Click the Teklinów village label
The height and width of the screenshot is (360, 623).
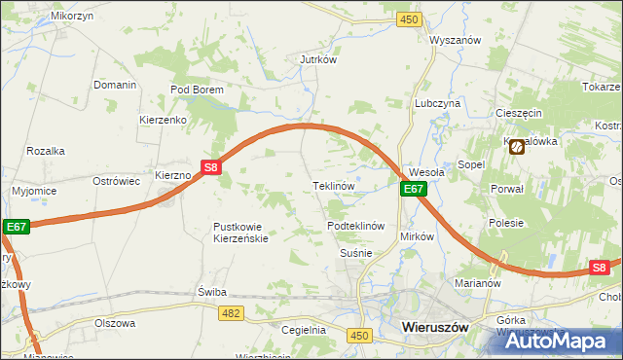332,185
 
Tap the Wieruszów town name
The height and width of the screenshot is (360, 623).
435,329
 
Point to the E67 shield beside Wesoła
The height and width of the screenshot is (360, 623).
414,190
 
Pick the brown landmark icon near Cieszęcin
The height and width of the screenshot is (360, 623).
516,146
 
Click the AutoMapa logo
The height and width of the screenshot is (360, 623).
558,342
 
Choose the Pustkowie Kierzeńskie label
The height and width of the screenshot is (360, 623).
239,233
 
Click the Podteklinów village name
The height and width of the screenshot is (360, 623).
357,226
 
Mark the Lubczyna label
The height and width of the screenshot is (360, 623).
437,102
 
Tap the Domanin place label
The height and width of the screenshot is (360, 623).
115,85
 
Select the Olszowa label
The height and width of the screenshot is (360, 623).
114,322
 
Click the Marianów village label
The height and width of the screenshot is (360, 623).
477,284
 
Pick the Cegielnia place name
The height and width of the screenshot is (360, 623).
303,330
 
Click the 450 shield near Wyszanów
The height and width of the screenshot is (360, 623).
410,19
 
